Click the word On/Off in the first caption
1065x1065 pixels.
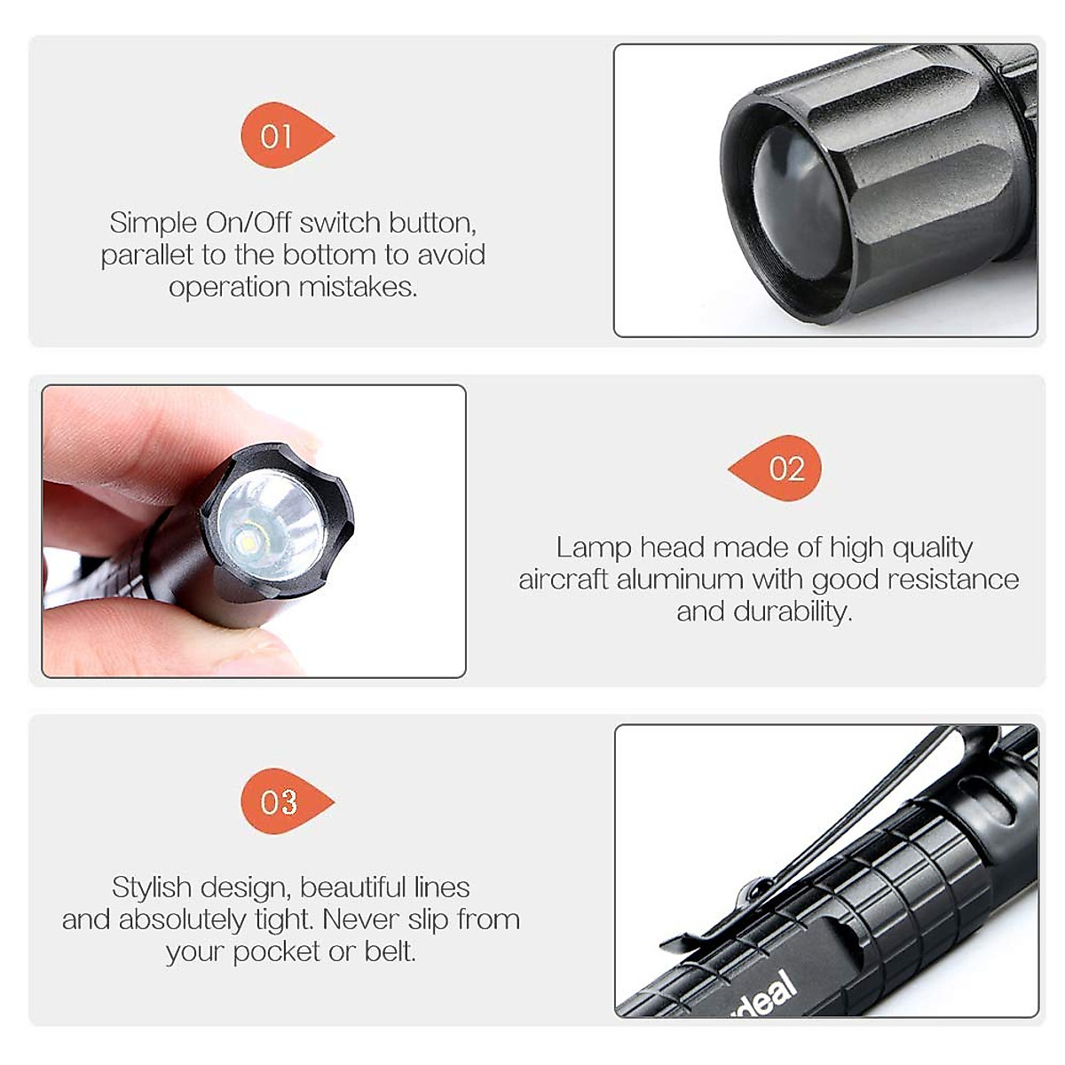(x=249, y=222)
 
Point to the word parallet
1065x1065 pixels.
(x=146, y=256)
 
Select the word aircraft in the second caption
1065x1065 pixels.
(x=564, y=580)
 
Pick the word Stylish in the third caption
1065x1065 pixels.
(x=151, y=887)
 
